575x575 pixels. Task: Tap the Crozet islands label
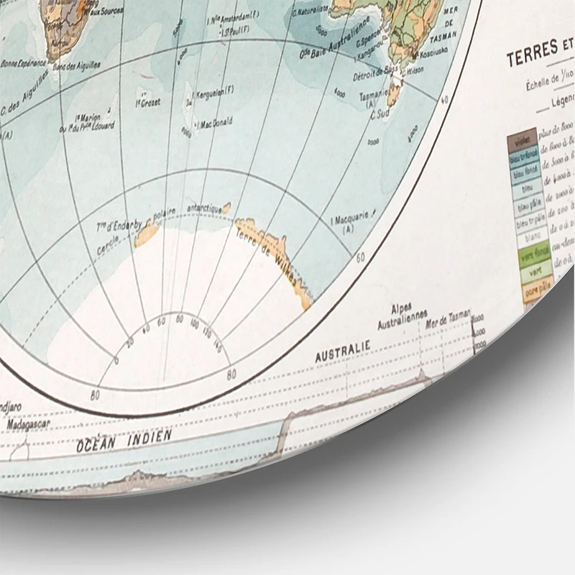click(148, 101)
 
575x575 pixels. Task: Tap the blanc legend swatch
click(532, 236)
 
